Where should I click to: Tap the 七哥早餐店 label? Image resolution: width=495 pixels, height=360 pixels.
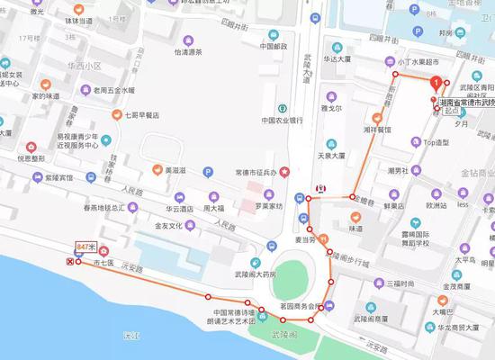pyautogui.click(x=142, y=114)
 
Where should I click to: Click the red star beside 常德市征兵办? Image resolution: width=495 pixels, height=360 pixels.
pyautogui.click(x=286, y=171)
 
